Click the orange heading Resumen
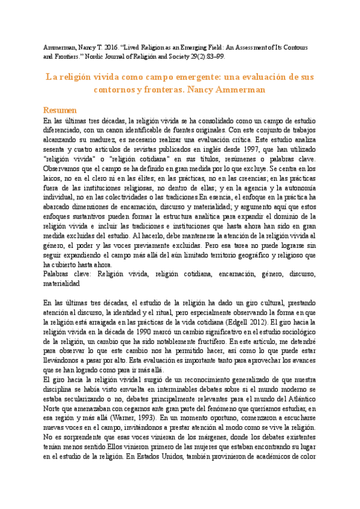coord(61,110)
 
